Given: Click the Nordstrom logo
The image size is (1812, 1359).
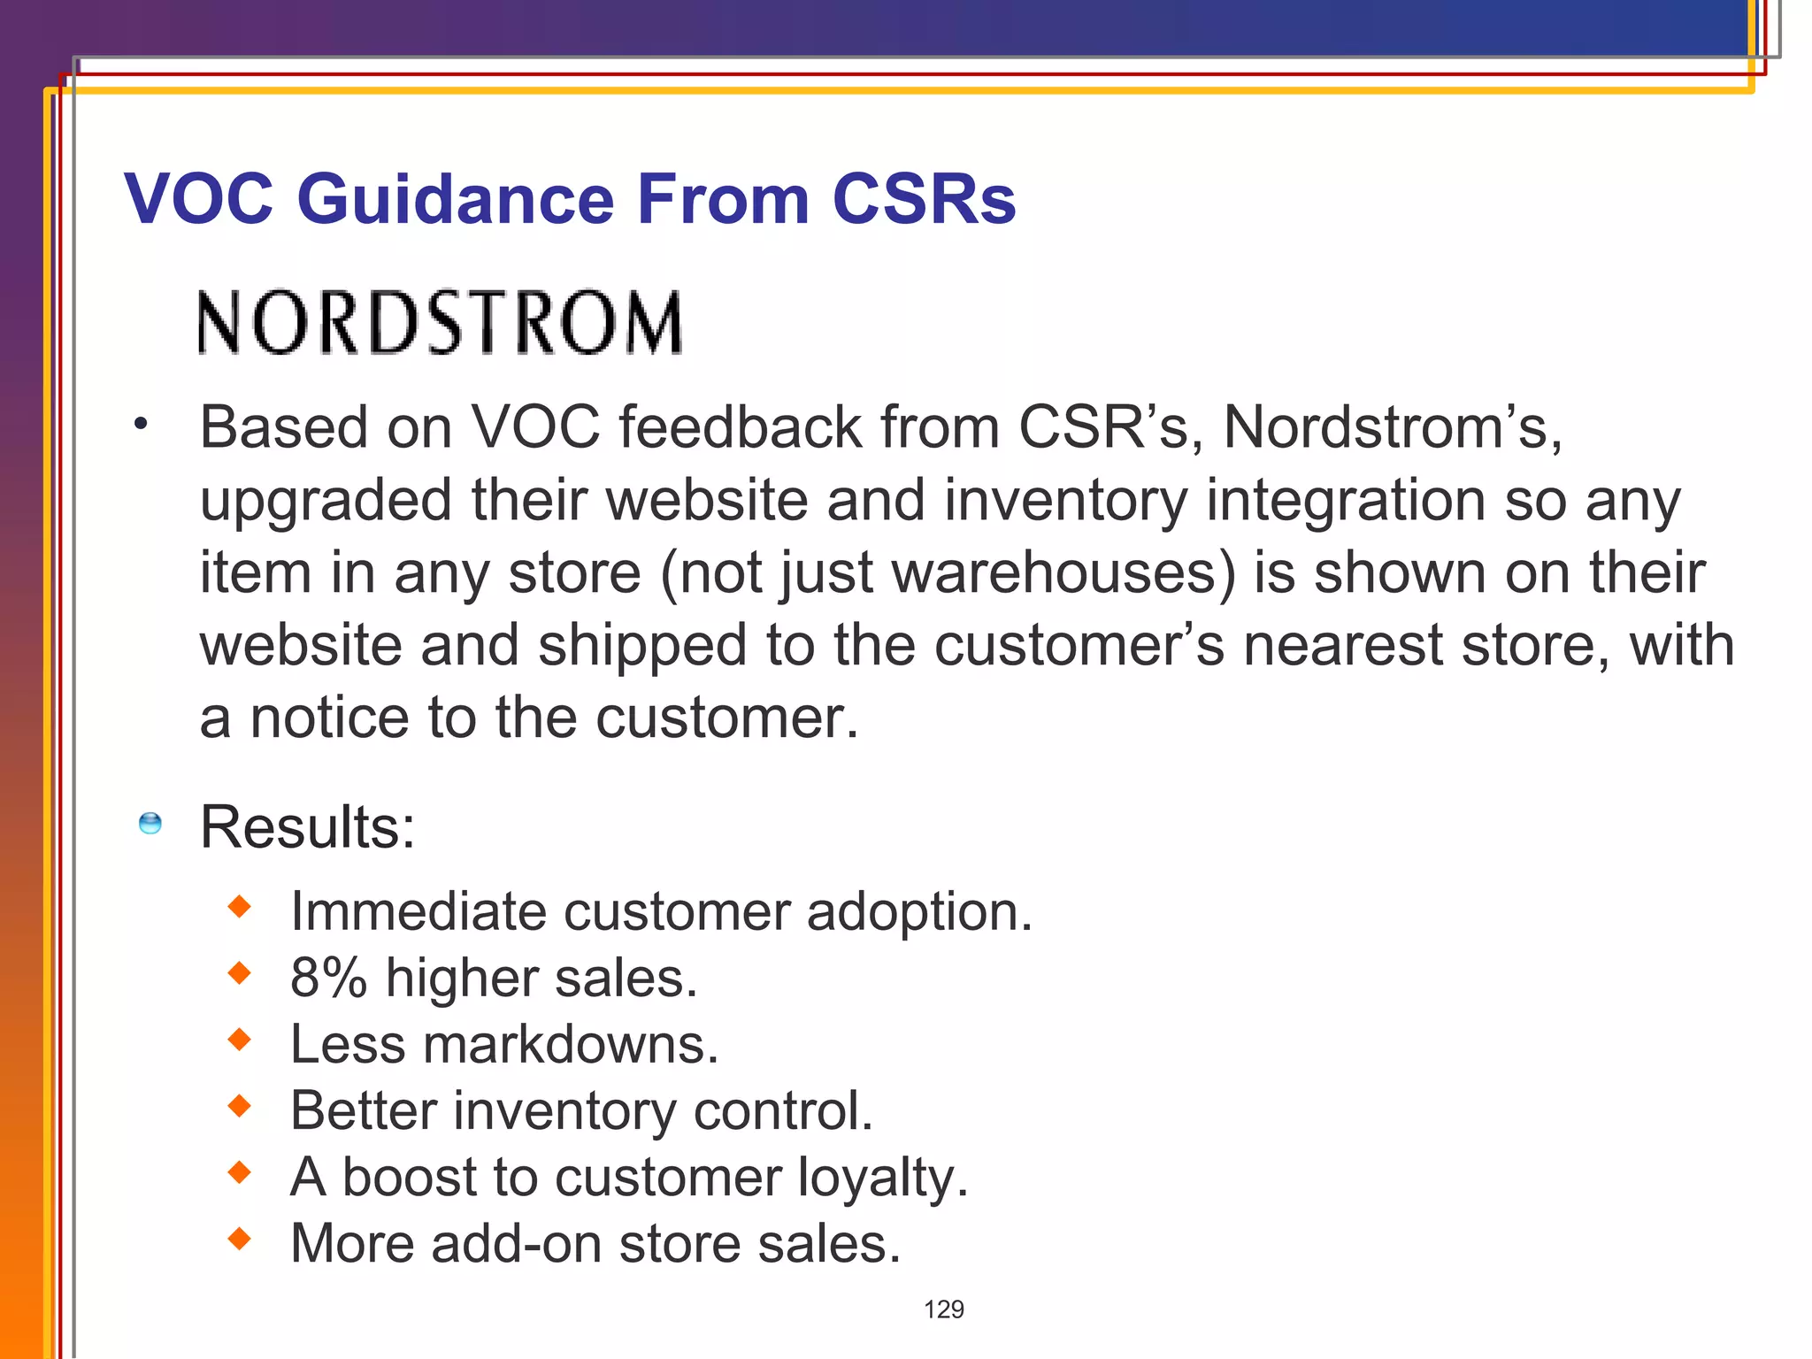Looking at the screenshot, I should (x=440, y=323).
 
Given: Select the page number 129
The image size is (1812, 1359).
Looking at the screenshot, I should (x=943, y=1309).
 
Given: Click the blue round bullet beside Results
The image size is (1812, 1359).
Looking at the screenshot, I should (x=150, y=823).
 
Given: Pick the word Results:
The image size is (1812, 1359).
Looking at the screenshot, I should (x=307, y=827).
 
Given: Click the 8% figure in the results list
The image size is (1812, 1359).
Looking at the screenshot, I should (x=328, y=979).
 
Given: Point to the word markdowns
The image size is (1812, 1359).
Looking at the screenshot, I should (x=570, y=1045).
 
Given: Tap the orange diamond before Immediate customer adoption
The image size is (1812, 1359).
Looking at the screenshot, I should (x=240, y=906).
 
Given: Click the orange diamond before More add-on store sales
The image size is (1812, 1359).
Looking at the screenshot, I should (x=240, y=1238).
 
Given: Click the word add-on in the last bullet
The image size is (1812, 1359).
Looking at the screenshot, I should (x=517, y=1244).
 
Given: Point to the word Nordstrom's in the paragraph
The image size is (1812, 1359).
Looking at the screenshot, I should (x=1391, y=428).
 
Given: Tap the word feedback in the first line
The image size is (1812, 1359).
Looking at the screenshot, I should (x=739, y=428).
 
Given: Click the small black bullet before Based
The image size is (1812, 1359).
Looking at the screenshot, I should (x=140, y=425).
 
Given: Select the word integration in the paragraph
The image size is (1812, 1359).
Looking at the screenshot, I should (x=1346, y=501).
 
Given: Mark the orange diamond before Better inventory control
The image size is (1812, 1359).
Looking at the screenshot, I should (x=240, y=1105).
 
